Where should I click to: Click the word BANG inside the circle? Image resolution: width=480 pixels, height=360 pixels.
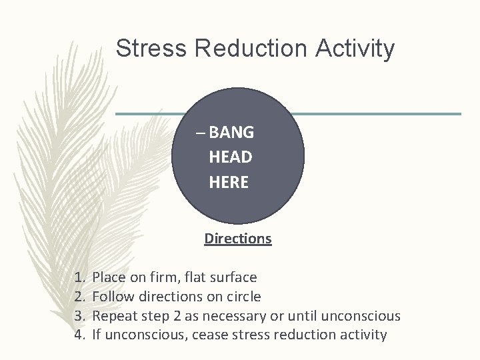231,132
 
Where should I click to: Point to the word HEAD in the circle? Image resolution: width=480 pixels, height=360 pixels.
230,157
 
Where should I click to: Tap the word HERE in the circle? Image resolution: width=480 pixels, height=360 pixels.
229,182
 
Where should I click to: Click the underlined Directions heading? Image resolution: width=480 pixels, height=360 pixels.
238,238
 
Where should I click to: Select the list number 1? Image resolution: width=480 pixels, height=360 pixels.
79,277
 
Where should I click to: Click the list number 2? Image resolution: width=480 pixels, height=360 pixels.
79,296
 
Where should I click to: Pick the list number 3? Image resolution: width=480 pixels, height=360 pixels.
79,315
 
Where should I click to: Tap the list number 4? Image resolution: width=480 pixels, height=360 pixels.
79,335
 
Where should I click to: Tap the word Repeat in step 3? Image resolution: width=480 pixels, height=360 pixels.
113,315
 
